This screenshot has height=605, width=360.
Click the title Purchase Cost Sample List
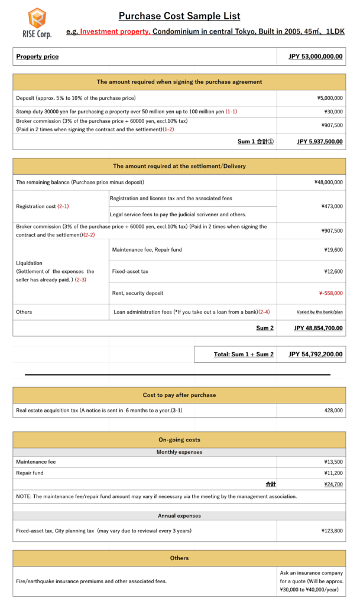[x=179, y=17]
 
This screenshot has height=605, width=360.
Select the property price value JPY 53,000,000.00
[x=315, y=57]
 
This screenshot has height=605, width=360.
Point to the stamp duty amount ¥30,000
[x=333, y=112]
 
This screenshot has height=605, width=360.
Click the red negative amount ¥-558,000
[x=330, y=293]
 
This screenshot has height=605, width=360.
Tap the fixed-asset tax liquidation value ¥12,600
[x=333, y=271]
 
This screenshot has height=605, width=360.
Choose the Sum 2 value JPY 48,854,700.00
[x=317, y=328]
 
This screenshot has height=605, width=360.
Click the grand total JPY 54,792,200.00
[x=315, y=354]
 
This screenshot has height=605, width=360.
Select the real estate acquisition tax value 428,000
[x=333, y=409]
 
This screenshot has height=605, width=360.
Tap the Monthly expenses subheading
[x=179, y=452]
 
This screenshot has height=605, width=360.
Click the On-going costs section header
[x=179, y=440]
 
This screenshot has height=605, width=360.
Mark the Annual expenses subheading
[x=179, y=516]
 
